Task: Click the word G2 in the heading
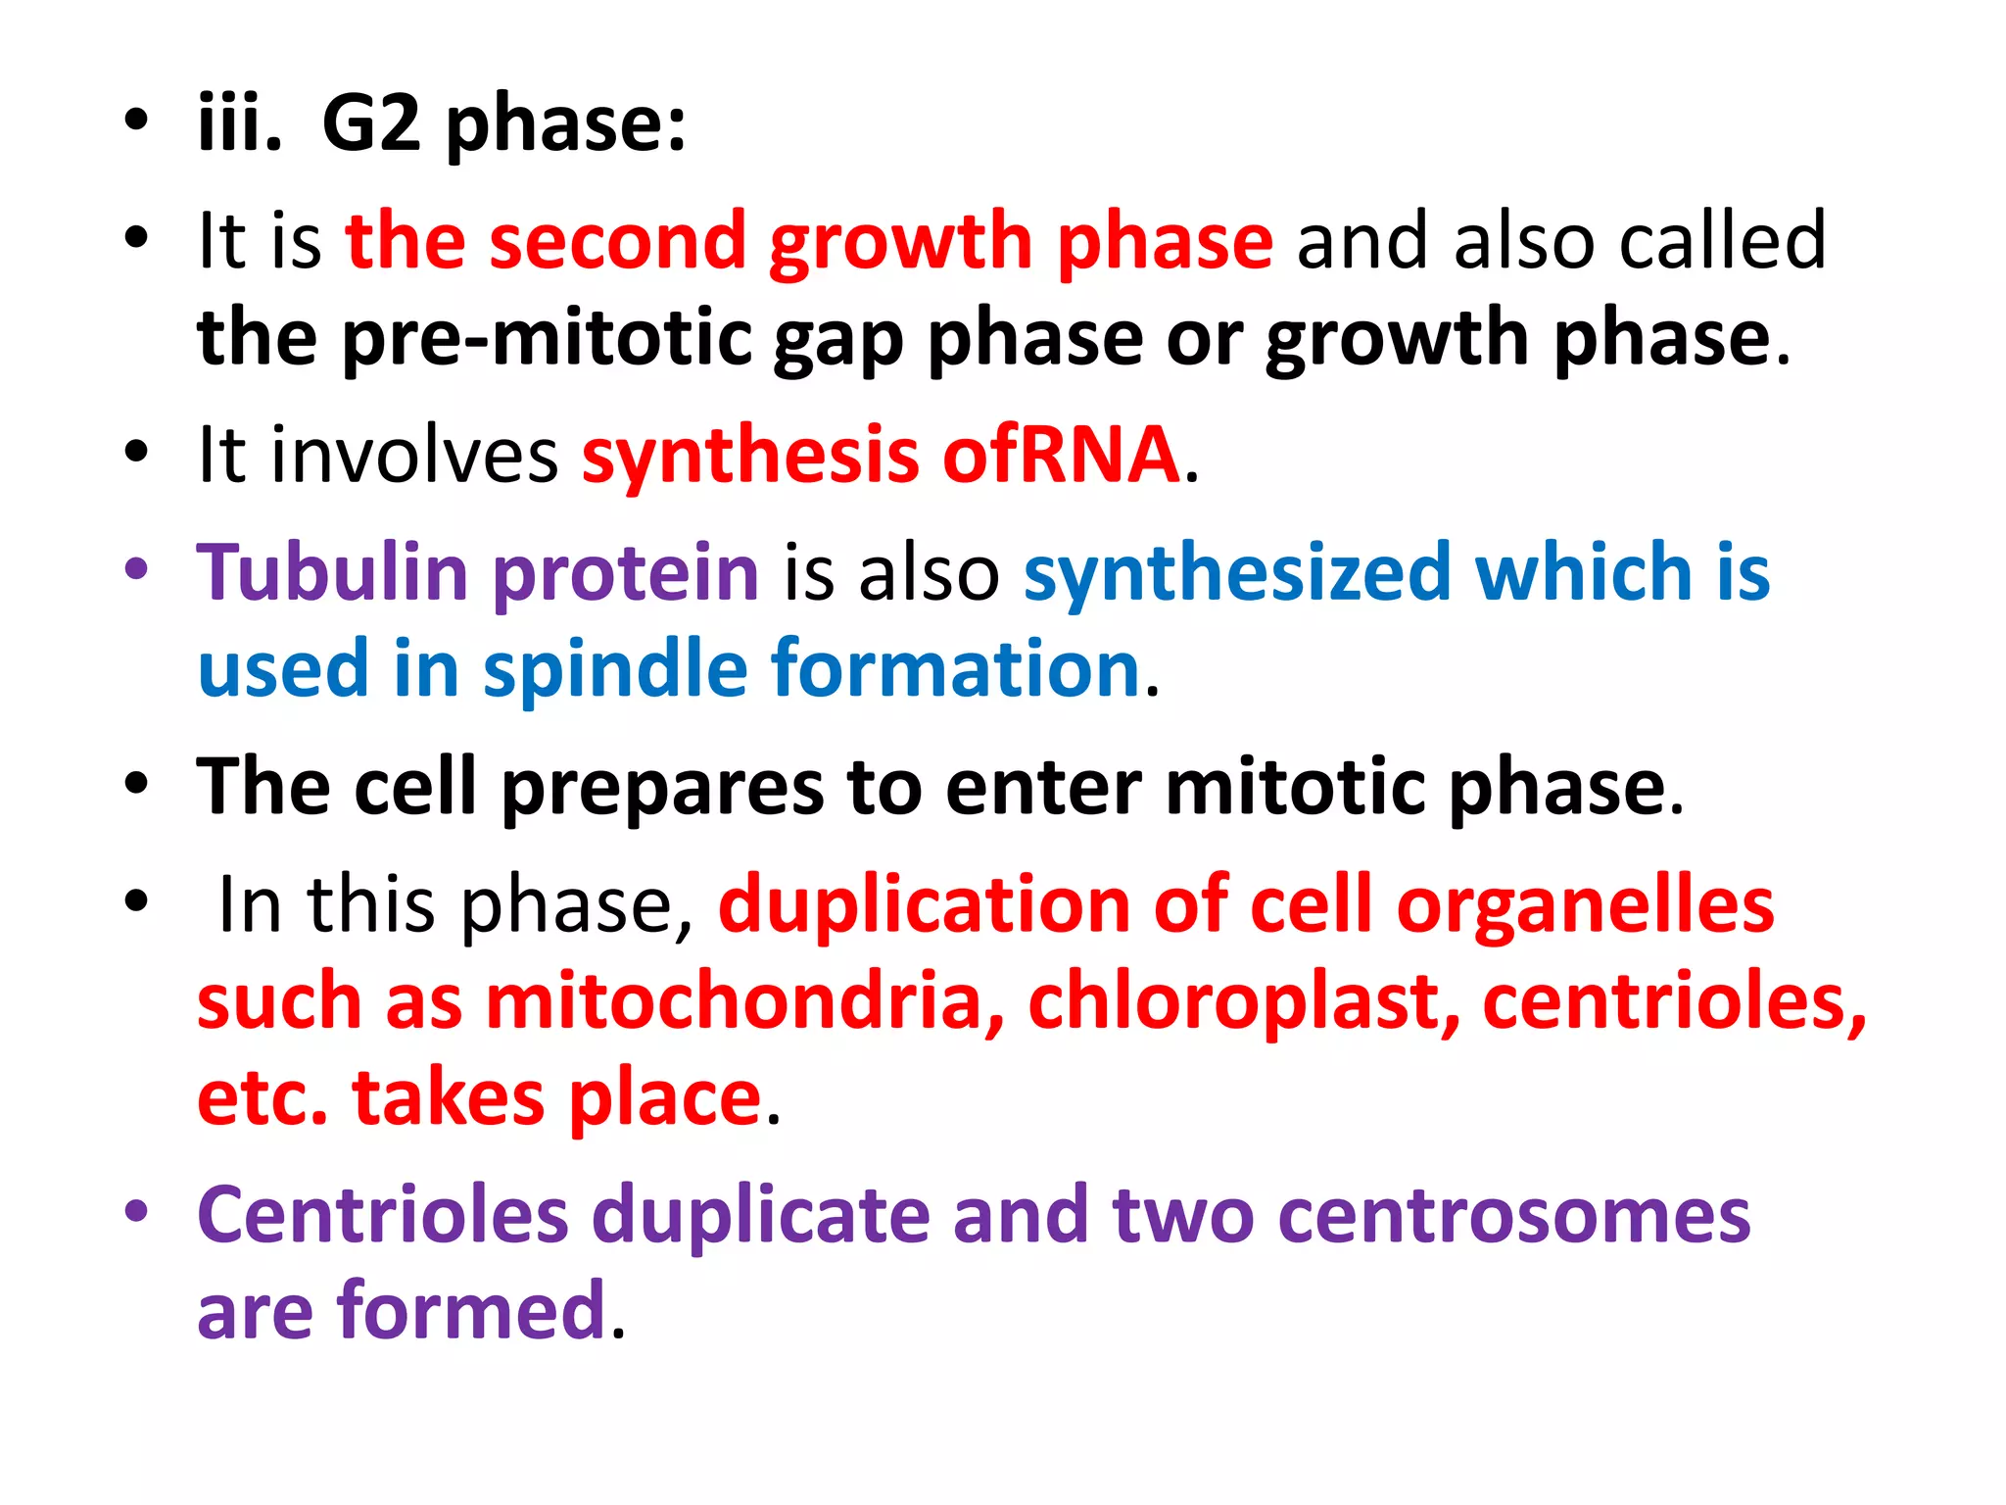(x=371, y=124)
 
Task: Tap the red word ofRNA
(x=1062, y=455)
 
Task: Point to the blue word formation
(x=956, y=668)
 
